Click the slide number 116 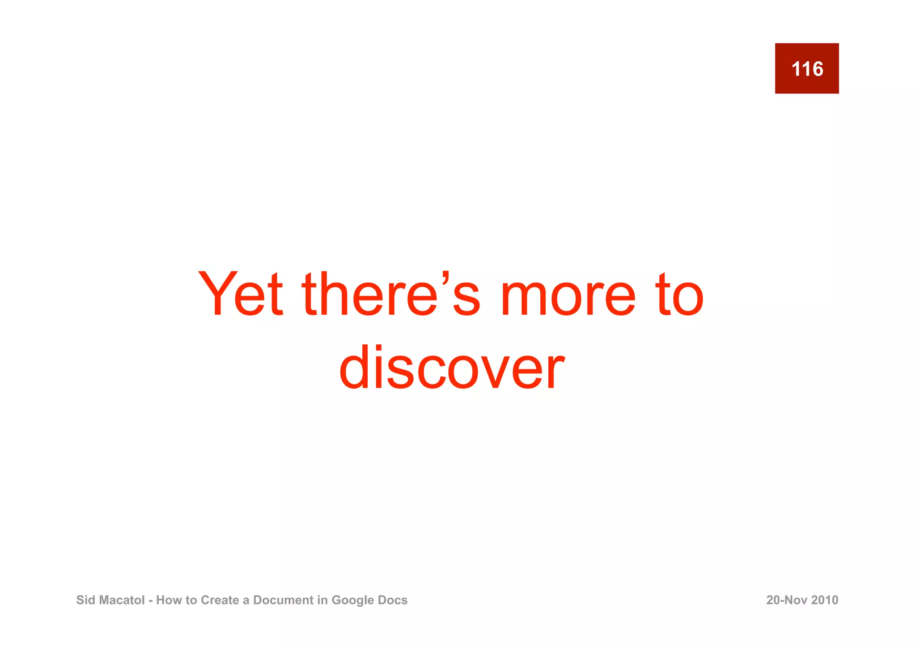[x=807, y=69]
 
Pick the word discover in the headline [x=452, y=368]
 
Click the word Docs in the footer [x=393, y=600]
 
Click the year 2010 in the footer [x=825, y=600]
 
